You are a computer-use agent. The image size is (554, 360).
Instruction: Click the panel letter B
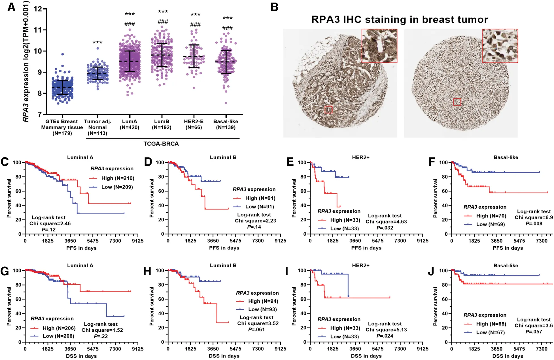pos(274,7)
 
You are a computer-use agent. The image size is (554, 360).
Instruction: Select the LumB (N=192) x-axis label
pos(162,124)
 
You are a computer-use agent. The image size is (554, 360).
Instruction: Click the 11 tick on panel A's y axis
pos(38,30)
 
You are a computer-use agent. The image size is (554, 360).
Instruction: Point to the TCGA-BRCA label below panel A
pos(161,144)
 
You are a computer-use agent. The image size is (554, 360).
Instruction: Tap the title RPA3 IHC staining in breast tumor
pos(400,20)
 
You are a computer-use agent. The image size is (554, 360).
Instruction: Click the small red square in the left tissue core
pos(328,109)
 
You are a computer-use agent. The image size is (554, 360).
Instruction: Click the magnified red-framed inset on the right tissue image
pos(500,46)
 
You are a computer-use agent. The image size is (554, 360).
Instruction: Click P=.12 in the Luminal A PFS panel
pos(49,230)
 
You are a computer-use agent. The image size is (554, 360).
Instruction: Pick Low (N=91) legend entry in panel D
pos(259,207)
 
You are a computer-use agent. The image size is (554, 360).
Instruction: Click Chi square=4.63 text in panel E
pos(386,222)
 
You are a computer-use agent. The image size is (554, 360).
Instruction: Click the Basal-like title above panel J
pos(506,266)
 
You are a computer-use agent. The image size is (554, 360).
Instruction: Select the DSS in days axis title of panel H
pos(224,356)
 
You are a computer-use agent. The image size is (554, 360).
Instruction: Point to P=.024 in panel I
pos(385,336)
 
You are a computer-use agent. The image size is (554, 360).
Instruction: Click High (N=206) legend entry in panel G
pos(59,328)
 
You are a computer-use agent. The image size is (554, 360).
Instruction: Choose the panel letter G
pos(5,271)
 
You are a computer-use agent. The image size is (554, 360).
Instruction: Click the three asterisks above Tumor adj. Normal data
pos(97,43)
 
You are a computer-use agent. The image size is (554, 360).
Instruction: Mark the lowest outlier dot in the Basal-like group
pos(226,103)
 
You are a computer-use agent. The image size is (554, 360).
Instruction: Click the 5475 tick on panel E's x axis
pos(377,241)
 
